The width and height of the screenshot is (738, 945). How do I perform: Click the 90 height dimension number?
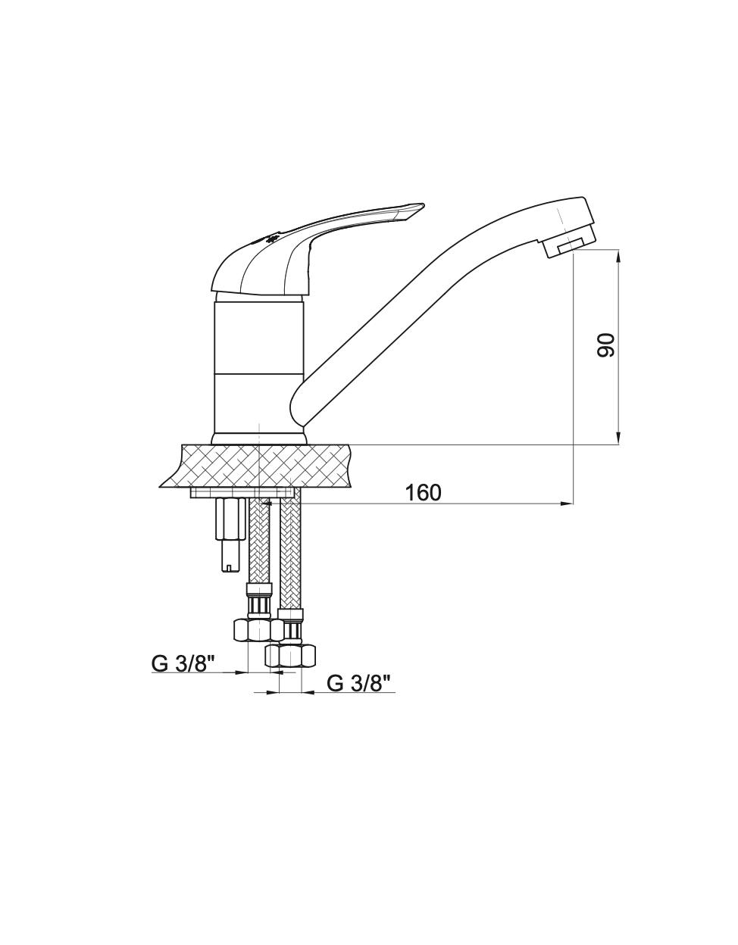pyautogui.click(x=606, y=345)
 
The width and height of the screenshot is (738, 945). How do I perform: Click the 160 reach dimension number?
pyautogui.click(x=423, y=493)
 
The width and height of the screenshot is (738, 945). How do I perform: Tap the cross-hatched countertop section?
pyautogui.click(x=261, y=466)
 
